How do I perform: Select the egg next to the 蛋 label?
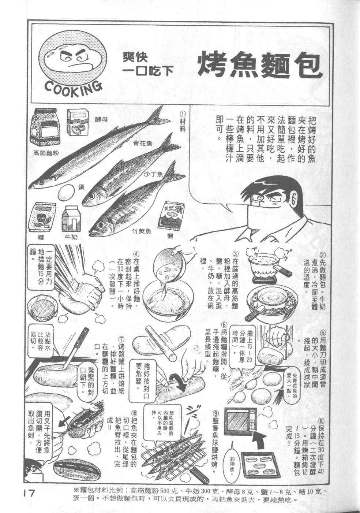pyautogui.click(x=66, y=192)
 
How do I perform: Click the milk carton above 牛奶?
pyautogui.click(x=71, y=218)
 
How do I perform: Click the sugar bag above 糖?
pyautogui.click(x=42, y=217)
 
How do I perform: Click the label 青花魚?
pyautogui.click(x=143, y=144)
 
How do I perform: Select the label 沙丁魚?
pyautogui.click(x=153, y=174)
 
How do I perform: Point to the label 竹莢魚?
pyautogui.click(x=142, y=231)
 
